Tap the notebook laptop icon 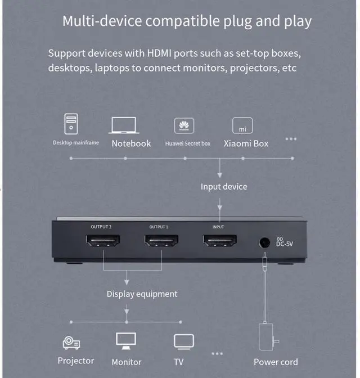click(124, 125)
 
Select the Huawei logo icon click(184, 125)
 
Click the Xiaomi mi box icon click(242, 125)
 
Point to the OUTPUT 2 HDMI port click(102, 241)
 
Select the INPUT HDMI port click(219, 241)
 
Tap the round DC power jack click(263, 243)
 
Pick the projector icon click(71, 342)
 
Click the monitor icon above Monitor click(126, 340)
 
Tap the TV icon click(184, 341)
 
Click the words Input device click(224, 186)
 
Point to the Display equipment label click(142, 294)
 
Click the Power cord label click(276, 362)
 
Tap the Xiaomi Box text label click(246, 143)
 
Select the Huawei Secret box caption click(187, 143)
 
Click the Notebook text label click(131, 143)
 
